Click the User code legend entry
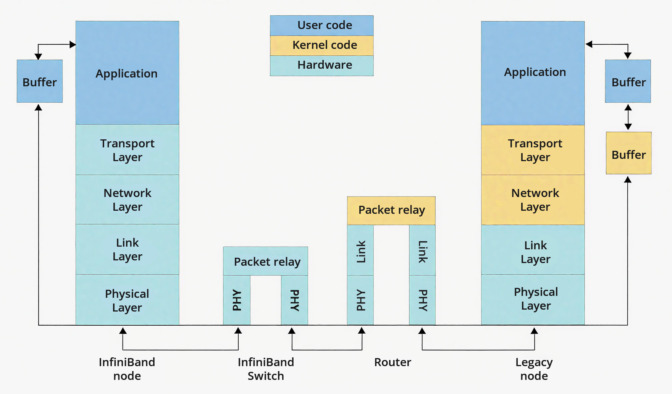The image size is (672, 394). coord(321,26)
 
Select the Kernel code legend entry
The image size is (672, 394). coord(321,45)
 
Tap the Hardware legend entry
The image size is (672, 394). coord(321,65)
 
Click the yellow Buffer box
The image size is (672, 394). coord(628,153)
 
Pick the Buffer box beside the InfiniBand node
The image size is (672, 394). coord(40,81)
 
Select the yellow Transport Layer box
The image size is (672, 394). coord(533,150)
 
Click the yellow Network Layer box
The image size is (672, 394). coord(533,200)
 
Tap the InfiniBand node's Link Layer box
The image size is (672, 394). coord(127,249)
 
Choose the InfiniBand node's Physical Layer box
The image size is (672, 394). coord(127,300)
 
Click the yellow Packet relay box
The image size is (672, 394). coord(391,210)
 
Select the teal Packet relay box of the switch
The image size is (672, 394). coord(265,261)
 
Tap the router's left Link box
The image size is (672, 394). coord(360,250)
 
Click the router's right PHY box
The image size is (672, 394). coord(422,300)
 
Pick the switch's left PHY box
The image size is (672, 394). coord(237,300)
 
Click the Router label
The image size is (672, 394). coord(393,362)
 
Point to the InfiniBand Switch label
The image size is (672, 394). coord(266,369)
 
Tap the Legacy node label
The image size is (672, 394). coord(534,369)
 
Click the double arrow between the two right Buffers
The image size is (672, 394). coord(628,117)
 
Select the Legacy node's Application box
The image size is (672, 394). coord(533,73)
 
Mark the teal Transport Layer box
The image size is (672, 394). coord(127,150)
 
